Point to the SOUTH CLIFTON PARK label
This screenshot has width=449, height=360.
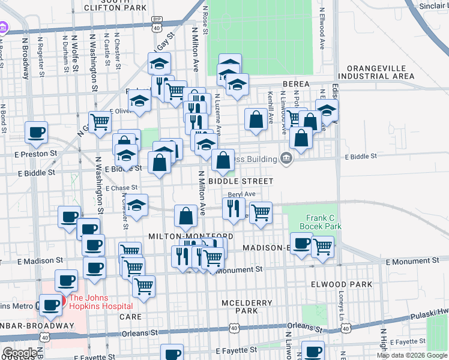click(116, 5)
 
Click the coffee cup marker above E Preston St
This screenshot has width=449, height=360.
click(36, 132)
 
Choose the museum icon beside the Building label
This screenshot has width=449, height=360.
click(286, 158)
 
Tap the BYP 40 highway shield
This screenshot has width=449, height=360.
click(156, 24)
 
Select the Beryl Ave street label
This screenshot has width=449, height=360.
click(242, 194)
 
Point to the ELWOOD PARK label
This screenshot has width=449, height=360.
click(337, 284)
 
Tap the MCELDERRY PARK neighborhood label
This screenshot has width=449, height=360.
click(246, 307)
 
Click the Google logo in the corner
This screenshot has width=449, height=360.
click(20, 353)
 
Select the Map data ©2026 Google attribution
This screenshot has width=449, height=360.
click(412, 355)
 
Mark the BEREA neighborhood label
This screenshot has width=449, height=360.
click(294, 84)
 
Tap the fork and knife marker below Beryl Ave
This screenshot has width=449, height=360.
click(232, 209)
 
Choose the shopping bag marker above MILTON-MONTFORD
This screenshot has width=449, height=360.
click(186, 216)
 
